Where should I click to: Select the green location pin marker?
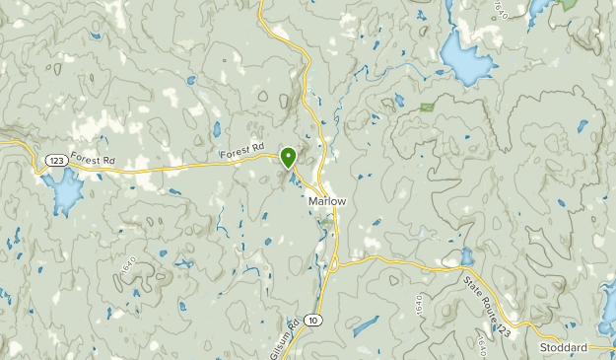[x=289, y=157]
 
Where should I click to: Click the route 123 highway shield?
[x=54, y=159]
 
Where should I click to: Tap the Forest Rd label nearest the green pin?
[x=243, y=150]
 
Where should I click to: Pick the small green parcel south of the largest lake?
[x=426, y=107]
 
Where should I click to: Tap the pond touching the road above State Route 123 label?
[x=465, y=258]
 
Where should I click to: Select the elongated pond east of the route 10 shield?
[x=365, y=325]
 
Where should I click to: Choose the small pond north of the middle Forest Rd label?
[x=216, y=128]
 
